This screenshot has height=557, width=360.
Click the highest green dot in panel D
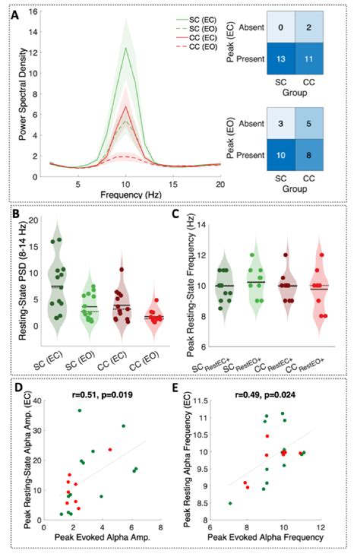(x=78, y=410)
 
